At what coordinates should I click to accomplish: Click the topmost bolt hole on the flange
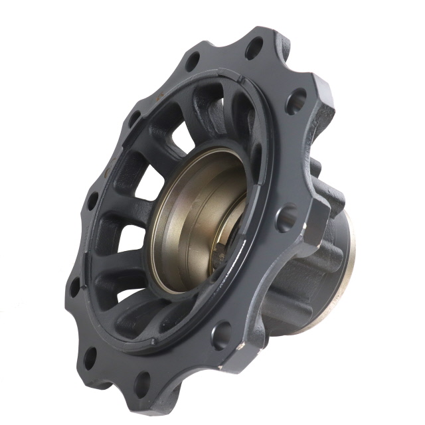254,48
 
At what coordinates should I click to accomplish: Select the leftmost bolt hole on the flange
75,287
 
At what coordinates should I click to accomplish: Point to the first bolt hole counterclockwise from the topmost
193,62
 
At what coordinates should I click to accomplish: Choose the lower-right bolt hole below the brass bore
222,335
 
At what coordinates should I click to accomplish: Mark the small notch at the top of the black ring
241,82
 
